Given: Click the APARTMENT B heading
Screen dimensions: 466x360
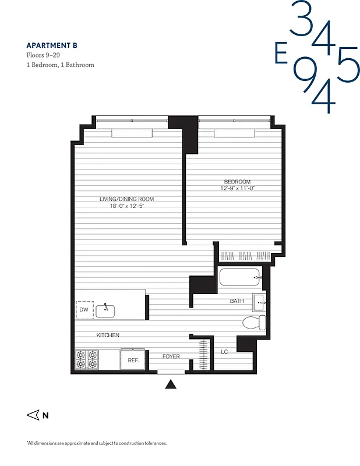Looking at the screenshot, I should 51,45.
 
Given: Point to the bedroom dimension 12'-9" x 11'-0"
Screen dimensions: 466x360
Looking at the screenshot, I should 238,188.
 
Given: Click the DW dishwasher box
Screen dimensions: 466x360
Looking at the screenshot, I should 84,310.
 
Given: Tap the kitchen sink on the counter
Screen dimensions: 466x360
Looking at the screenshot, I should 107,309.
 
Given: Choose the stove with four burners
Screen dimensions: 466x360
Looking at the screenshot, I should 86,360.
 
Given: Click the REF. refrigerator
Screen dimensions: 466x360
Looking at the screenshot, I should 133,360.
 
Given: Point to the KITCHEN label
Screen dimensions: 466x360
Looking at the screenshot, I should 108,335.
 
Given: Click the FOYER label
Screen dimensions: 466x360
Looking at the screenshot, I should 171,356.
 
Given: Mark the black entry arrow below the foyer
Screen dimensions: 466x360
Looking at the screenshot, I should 171,384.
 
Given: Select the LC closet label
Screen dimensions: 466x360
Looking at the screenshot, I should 224,352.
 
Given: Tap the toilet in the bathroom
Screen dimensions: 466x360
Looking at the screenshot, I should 255,322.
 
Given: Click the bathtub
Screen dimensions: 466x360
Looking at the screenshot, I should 241,277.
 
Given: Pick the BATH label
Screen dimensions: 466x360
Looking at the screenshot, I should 237,301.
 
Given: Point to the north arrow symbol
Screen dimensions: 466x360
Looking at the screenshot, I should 33,415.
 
